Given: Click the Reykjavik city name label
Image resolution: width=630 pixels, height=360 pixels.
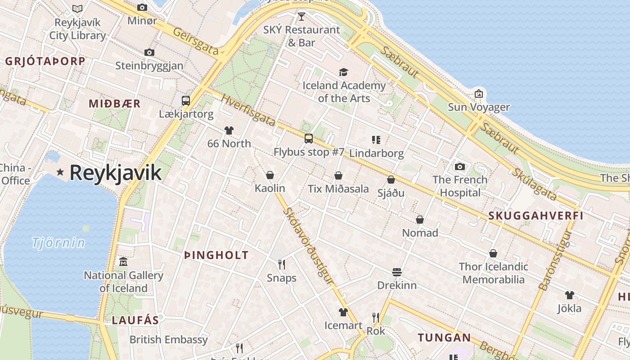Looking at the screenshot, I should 115,173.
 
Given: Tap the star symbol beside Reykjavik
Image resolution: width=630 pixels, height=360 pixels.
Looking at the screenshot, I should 60,172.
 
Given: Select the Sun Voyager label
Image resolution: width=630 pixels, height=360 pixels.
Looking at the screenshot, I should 479,107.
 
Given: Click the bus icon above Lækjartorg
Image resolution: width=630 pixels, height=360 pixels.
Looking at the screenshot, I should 186,101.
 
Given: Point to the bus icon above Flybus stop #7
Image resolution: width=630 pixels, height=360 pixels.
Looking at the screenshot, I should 308,139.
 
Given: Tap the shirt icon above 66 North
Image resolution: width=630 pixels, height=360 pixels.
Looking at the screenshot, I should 229,130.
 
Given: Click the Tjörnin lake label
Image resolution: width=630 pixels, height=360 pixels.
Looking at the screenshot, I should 58,243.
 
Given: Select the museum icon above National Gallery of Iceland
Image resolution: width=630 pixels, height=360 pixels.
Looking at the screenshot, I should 123,261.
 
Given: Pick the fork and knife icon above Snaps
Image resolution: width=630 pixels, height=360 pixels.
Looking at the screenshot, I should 282,264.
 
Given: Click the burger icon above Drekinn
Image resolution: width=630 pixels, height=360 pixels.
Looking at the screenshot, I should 396,272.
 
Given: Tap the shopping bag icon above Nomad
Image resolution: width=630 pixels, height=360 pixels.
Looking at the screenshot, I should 420,220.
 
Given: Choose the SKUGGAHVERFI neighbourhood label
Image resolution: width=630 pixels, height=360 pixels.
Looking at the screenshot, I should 536,216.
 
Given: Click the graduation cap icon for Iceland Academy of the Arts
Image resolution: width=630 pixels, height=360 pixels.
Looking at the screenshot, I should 344,72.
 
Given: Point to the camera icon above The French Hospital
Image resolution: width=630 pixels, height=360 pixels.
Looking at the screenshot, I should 460,166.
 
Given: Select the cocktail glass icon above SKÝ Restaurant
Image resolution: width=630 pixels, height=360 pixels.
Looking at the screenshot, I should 301,17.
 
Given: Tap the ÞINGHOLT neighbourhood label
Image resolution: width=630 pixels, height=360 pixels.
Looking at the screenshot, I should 216,255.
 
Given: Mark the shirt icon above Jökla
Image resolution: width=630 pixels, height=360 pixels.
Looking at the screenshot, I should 570,295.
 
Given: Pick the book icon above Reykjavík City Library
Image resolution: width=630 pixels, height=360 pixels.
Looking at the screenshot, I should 77,9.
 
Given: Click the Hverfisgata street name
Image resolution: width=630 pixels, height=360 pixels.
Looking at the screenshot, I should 248,110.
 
